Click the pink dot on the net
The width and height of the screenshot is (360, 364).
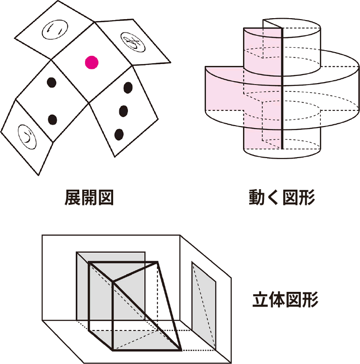(92, 63)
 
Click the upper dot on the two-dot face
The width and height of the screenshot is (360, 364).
(52, 83)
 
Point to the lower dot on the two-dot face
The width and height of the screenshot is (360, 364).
(53, 119)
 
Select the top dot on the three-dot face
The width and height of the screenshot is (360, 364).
(127, 87)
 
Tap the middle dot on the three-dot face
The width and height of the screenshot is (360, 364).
(124, 111)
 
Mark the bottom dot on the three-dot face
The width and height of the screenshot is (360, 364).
(119, 134)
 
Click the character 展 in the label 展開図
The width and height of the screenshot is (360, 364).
(73, 197)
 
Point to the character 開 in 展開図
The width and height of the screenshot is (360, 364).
(89, 197)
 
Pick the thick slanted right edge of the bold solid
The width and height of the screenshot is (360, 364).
(169, 306)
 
